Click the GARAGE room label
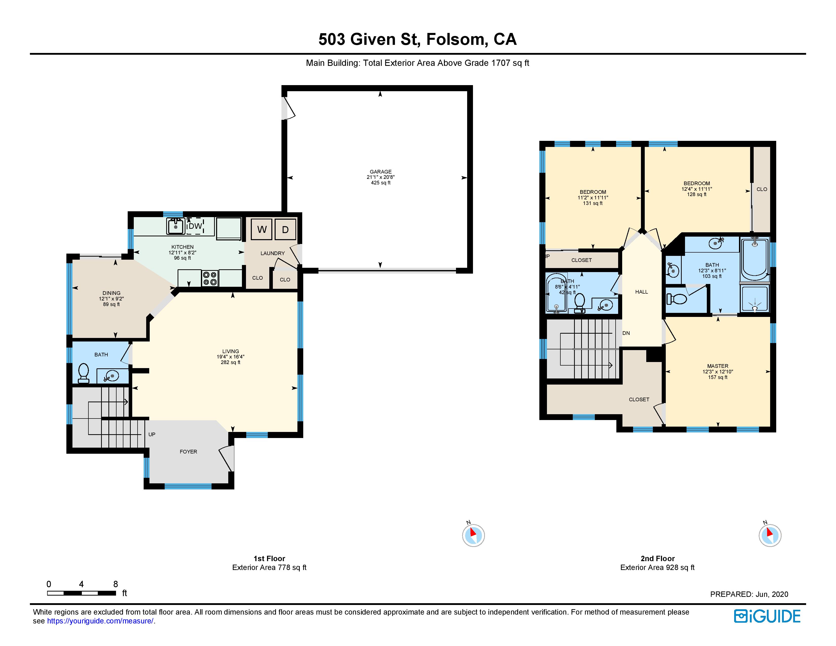point(381,172)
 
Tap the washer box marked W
point(262,229)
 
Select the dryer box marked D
point(285,229)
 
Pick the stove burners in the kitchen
point(210,278)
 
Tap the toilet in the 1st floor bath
point(83,373)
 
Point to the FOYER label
point(188,452)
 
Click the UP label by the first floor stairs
point(152,434)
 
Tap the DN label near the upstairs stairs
point(626,333)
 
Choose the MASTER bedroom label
point(718,366)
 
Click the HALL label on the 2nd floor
point(641,292)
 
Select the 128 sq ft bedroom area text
point(697,194)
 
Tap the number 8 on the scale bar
point(116,584)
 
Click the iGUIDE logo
point(767,616)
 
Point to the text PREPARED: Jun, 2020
point(749,594)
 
